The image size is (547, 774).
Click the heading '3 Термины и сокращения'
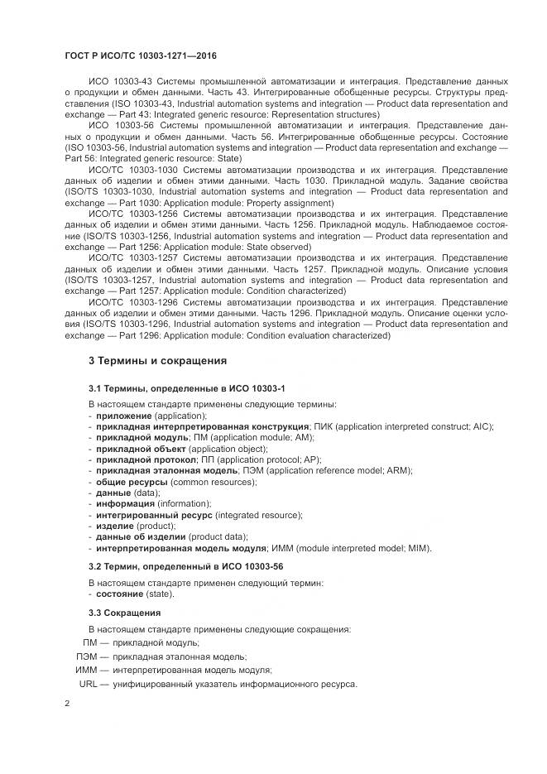click(157, 361)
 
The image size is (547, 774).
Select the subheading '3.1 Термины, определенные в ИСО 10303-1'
click(187, 387)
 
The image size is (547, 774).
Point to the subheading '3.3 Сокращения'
click(124, 613)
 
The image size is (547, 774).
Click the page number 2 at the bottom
click(67, 703)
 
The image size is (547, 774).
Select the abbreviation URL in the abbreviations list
click(89, 684)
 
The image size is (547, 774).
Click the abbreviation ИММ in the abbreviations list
click(86, 670)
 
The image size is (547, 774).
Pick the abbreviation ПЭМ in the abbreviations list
click(87, 656)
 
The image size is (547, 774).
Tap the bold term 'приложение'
click(123, 416)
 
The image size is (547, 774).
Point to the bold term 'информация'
click(125, 503)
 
